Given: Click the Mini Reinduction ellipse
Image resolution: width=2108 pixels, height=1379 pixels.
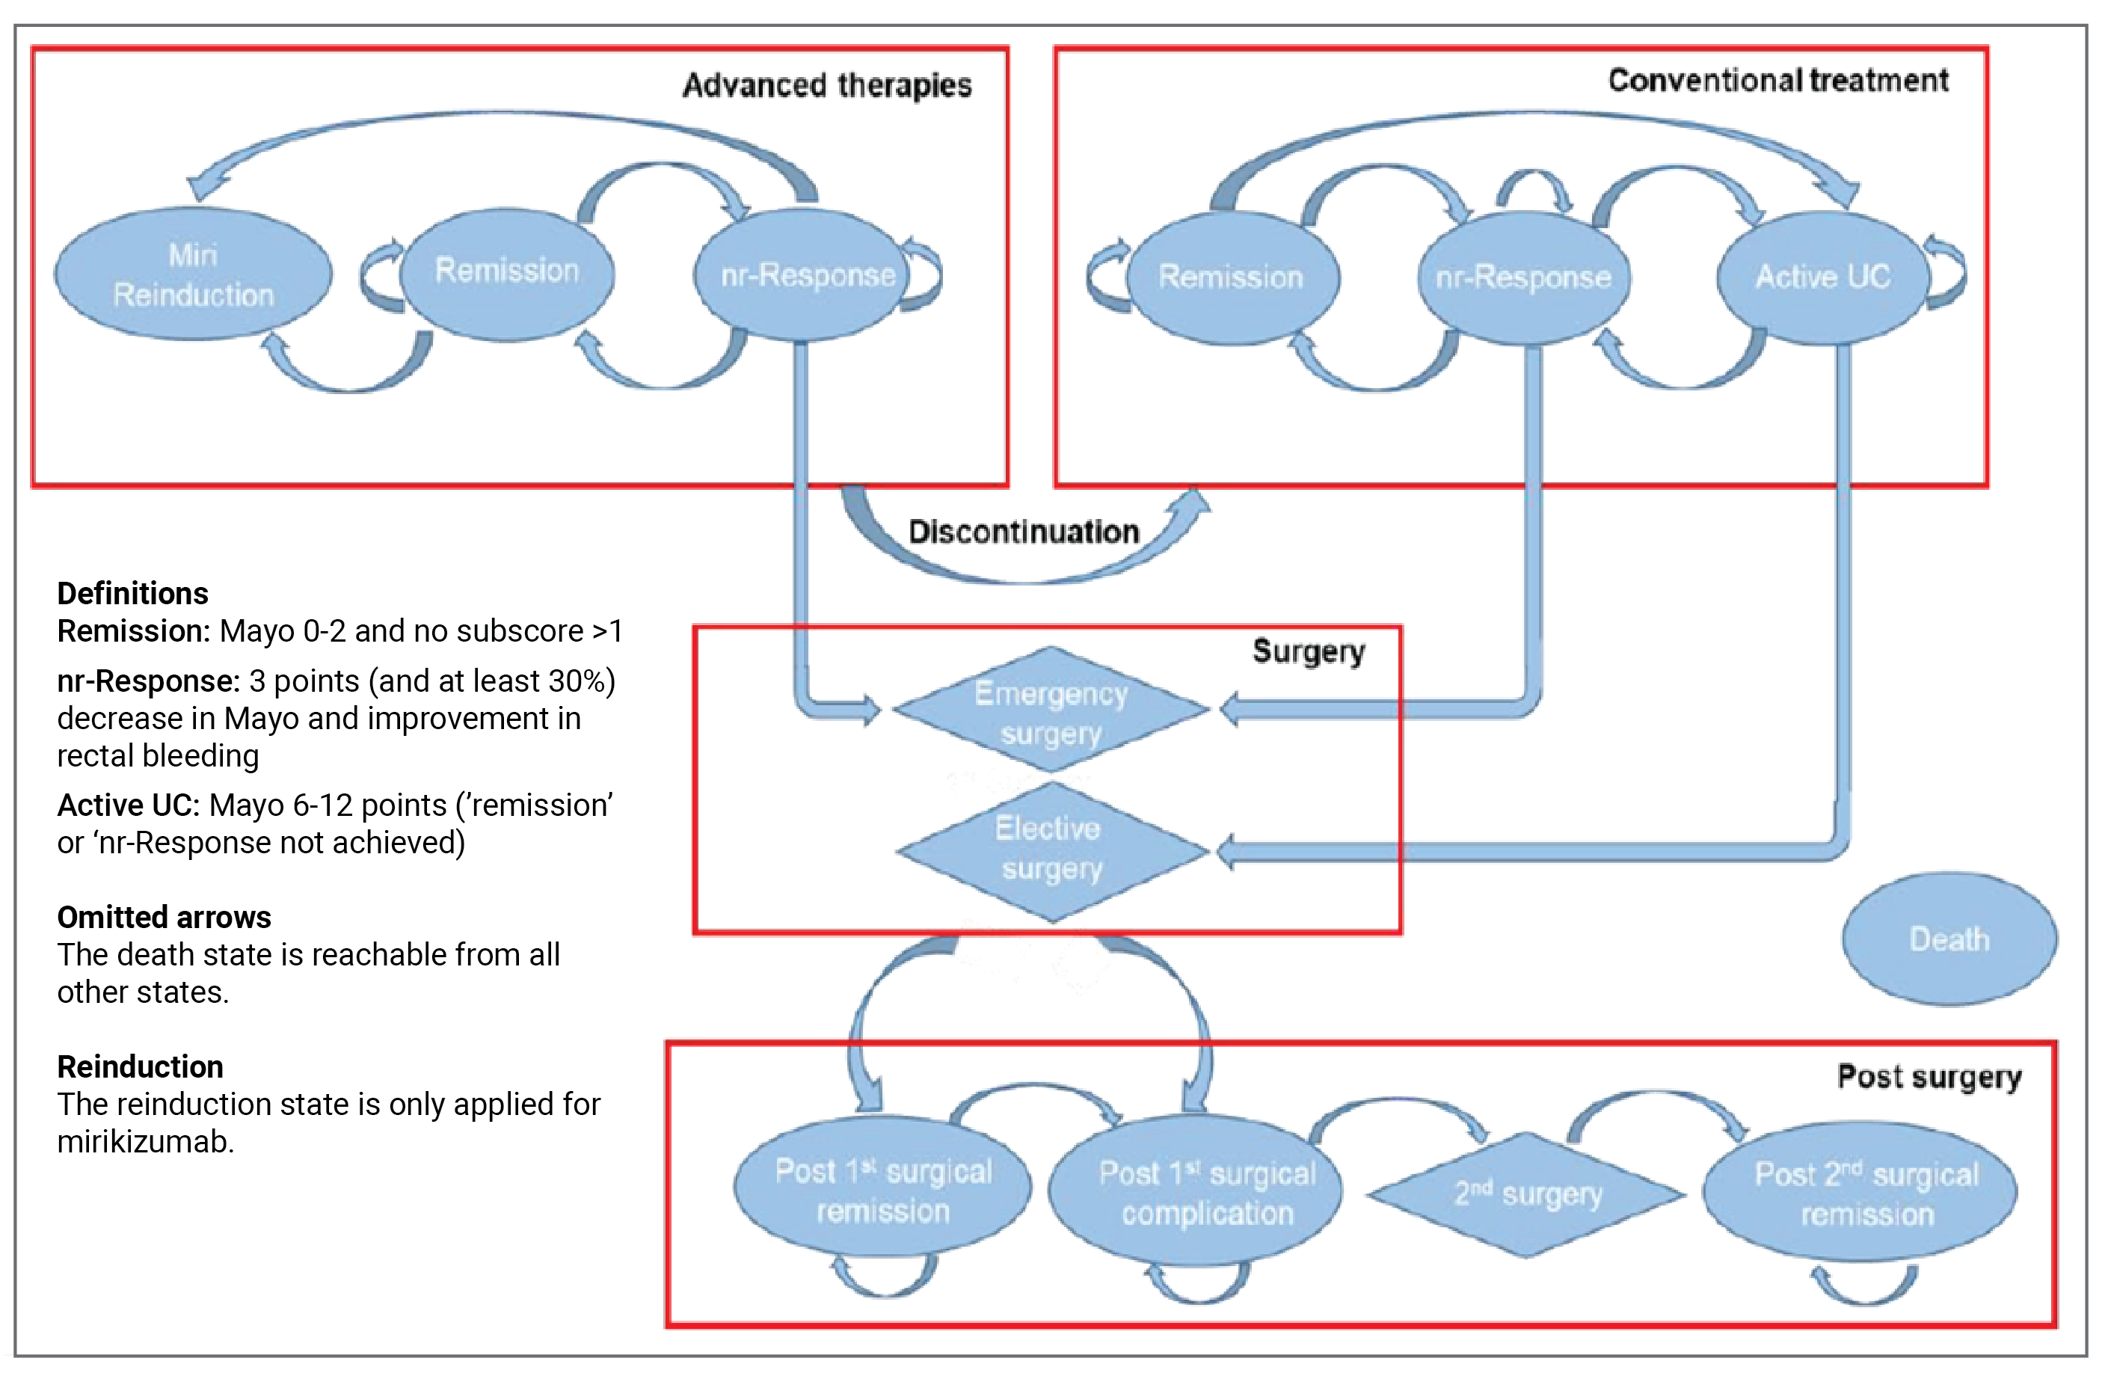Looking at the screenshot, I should pyautogui.click(x=193, y=274).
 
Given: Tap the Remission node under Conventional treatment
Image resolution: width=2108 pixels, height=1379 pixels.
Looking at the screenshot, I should pyautogui.click(x=1231, y=277).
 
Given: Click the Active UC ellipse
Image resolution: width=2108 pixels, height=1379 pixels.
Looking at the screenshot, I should pyautogui.click(x=1823, y=277).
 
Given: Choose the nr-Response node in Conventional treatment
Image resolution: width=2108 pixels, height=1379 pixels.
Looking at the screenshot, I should pyautogui.click(x=1523, y=278).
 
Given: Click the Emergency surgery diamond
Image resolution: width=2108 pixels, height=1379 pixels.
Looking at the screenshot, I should pyautogui.click(x=1051, y=712).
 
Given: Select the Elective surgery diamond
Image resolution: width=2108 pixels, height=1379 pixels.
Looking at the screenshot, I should pyautogui.click(x=1051, y=849).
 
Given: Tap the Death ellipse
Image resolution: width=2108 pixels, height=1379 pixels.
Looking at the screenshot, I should pyautogui.click(x=1949, y=938).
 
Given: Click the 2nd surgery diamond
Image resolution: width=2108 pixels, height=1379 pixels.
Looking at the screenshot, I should pyautogui.click(x=1528, y=1194).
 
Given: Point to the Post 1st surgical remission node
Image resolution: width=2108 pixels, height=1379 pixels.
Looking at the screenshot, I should pyautogui.click(x=883, y=1191).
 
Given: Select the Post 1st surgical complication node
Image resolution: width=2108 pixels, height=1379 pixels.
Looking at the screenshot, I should pyautogui.click(x=1207, y=1192).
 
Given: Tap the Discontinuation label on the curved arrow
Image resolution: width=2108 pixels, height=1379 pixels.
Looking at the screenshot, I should pyautogui.click(x=1024, y=532).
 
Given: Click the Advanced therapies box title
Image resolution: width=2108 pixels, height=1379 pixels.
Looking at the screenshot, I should pyautogui.click(x=826, y=85).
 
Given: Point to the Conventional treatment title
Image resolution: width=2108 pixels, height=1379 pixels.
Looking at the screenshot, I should pyautogui.click(x=1777, y=81).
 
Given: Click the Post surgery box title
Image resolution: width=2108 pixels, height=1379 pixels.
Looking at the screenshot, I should pyautogui.click(x=1929, y=1076).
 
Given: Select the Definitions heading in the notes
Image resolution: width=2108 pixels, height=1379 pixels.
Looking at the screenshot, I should pyautogui.click(x=133, y=592).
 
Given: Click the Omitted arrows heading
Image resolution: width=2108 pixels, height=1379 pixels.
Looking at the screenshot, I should pyautogui.click(x=164, y=917).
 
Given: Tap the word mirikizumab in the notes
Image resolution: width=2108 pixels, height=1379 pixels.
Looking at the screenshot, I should pyautogui.click(x=144, y=1142).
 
